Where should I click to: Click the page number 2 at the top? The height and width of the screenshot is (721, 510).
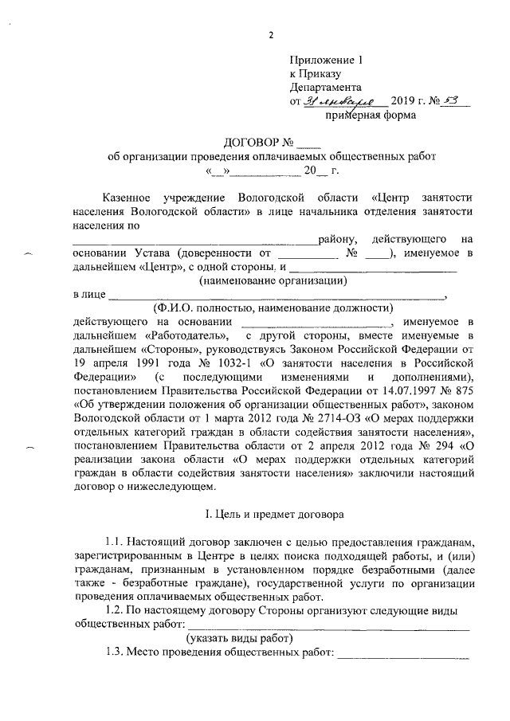(271, 34)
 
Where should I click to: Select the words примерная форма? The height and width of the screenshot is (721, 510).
(370, 116)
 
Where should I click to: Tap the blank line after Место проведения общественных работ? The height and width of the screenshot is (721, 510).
(406, 656)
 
